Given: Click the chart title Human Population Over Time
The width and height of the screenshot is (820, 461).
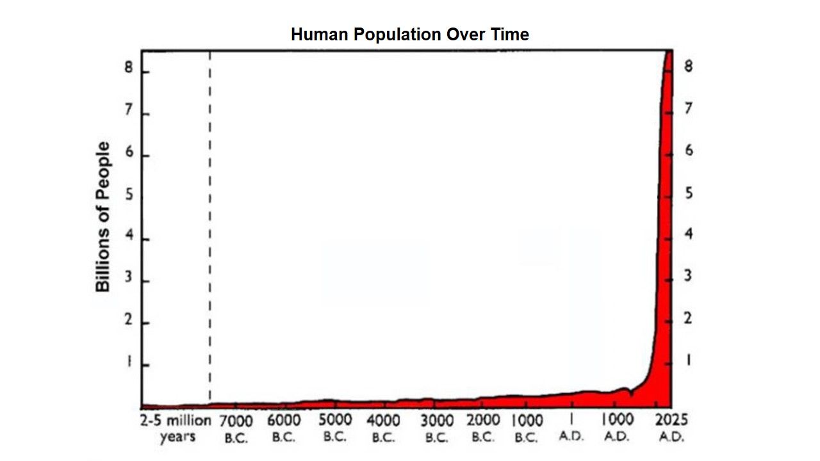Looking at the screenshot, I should (410, 35).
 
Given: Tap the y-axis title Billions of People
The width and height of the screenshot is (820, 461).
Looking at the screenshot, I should (103, 216).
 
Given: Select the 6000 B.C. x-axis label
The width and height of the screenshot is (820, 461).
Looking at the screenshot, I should (283, 428).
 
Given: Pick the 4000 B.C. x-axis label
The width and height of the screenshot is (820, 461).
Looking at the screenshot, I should (383, 429).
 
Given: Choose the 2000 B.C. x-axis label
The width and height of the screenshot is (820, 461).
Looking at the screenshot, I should (482, 428).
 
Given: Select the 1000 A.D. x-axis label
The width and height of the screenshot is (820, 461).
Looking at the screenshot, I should (618, 428).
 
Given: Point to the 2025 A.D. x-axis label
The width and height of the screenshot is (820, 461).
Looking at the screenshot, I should (671, 428).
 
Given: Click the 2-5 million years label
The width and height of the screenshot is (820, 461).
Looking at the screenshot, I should (176, 429).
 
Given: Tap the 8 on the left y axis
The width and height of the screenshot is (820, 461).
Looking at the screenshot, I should (129, 69).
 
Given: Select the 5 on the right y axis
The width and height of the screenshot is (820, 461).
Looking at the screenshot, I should (689, 193).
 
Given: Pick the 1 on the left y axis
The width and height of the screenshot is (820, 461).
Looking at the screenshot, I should (129, 362).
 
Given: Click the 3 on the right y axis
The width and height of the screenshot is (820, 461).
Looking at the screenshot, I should (689, 277).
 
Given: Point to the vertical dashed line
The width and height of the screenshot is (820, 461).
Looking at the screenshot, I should (210, 224).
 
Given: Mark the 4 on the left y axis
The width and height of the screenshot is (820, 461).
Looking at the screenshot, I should (129, 236).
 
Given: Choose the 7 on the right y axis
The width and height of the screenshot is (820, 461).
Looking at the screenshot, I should (689, 108).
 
